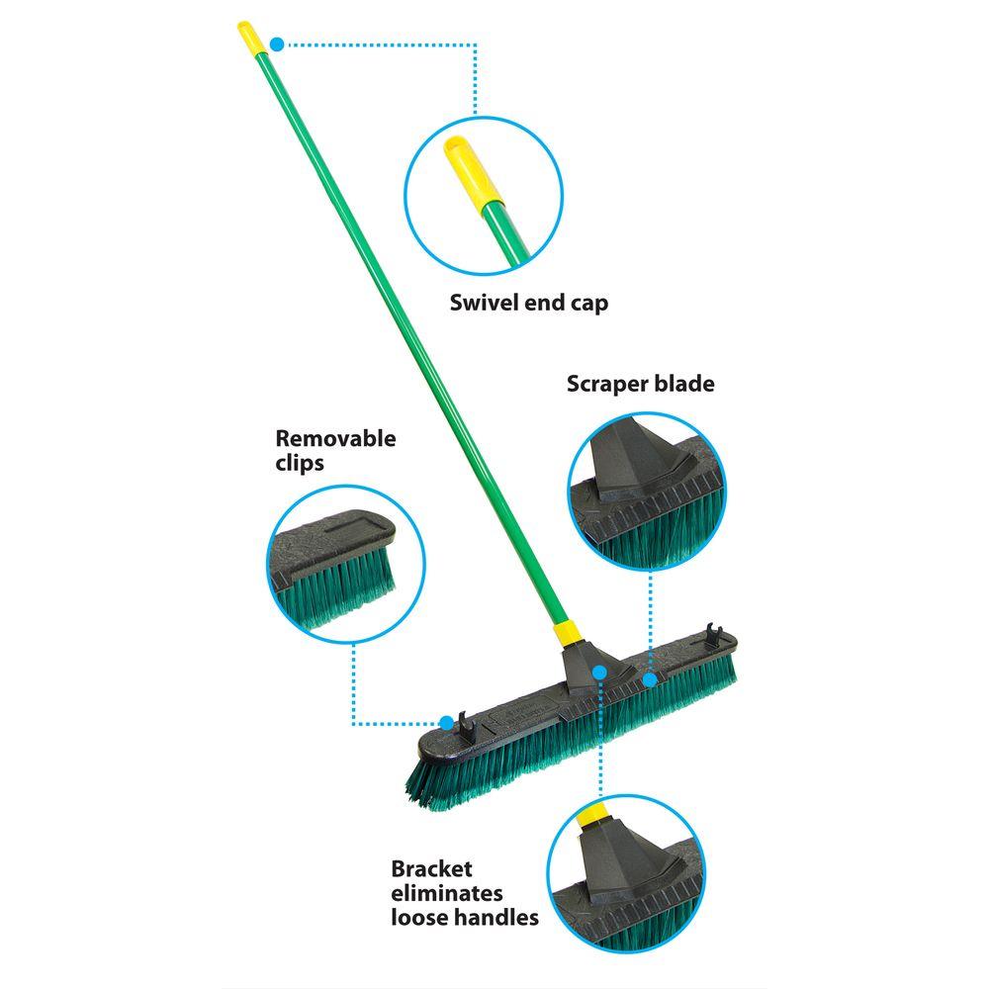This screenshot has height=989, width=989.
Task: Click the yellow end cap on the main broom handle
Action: coord(251,39)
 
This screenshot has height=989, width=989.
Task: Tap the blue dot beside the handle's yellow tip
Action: coord(277,45)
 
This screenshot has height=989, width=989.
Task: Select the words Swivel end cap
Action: coord(528,304)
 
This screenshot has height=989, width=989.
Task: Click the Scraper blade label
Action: coord(640,384)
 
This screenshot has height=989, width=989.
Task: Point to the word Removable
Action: coord(335,438)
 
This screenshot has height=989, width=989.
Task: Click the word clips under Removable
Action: coord(300,464)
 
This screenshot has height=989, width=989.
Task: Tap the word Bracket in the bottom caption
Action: coord(431,868)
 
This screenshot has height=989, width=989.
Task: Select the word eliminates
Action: coord(447,893)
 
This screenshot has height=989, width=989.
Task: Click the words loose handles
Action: coord(465,917)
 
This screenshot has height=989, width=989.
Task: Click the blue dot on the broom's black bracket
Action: coord(600,673)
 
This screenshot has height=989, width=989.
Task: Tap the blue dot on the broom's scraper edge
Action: coord(650,679)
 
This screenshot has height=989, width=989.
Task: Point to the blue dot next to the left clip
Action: coord(447,723)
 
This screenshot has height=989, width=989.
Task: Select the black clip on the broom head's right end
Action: coord(713,635)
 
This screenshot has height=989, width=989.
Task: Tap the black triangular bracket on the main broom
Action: coord(589,669)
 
